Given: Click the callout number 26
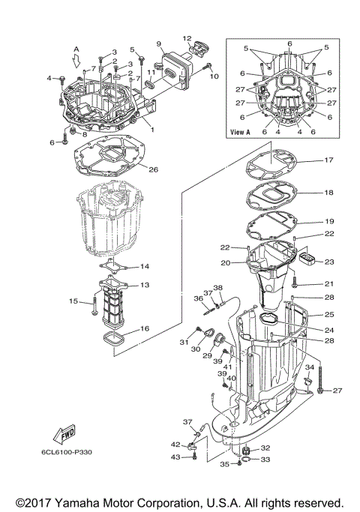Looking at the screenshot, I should point(153,169).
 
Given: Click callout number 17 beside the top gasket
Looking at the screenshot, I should point(328,160).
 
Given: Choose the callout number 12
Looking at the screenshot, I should point(187,38).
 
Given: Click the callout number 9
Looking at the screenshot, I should point(159,44).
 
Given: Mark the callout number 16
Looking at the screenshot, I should point(144,328).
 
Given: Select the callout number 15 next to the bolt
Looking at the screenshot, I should point(74,301).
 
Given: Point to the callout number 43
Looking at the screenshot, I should point(175,457).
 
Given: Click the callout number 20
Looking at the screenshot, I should point(224,262).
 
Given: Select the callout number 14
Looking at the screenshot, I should point(145,266).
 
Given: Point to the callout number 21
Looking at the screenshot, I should point(328,284).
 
